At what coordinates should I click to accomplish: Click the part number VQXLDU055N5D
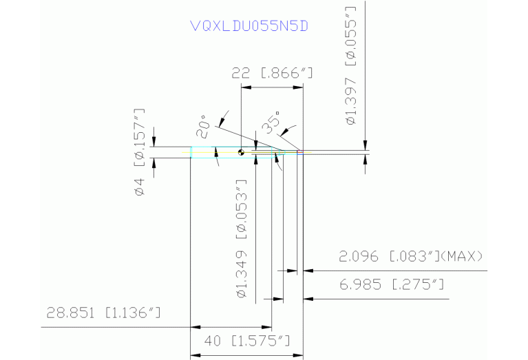pos(249,26)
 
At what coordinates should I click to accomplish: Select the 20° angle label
pos(202,127)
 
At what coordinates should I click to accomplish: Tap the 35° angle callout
pos(270,123)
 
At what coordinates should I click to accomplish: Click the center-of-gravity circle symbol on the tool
pos(241,152)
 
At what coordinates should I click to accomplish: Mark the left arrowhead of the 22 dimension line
pos(244,88)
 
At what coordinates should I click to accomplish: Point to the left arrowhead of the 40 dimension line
pos(194,355)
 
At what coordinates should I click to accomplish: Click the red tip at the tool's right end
pos(300,152)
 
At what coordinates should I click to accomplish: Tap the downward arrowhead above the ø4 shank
pos(154,142)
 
